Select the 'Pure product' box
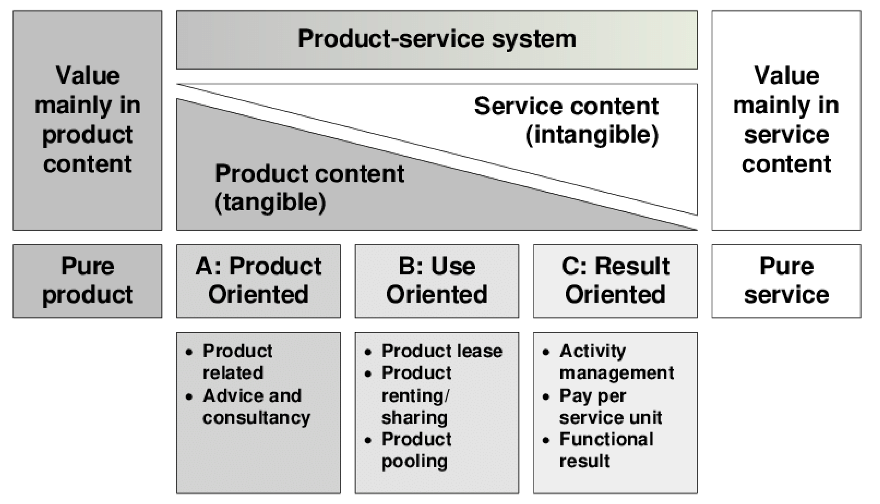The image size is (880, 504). coord(87,281)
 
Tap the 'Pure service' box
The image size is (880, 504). coord(786,281)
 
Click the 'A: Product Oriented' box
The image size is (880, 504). coord(259,281)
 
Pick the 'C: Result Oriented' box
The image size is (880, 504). coord(615,281)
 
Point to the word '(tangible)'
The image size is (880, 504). coord(270,203)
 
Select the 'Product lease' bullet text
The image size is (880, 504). coord(442,351)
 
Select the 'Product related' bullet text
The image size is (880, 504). coord(237,362)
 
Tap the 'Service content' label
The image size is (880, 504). coord(566,106)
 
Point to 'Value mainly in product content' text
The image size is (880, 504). coord(87,119)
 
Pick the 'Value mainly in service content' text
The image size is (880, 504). coord(786,119)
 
